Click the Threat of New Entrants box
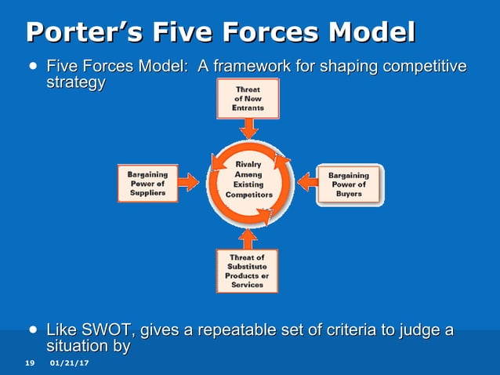click(248, 99)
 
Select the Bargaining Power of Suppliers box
click(147, 184)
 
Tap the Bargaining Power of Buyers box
click(349, 184)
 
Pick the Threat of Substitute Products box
click(248, 270)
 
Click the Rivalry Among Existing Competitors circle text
click(248, 179)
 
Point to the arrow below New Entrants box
click(248, 131)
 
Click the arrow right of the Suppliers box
click(188, 183)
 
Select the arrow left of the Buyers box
click(307, 183)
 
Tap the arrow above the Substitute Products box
click(248, 235)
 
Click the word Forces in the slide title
click(245, 33)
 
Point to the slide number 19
click(30, 362)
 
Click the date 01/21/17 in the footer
click(69, 362)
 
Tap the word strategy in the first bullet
click(76, 83)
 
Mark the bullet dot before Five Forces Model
click(32, 67)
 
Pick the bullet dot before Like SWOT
click(32, 330)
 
